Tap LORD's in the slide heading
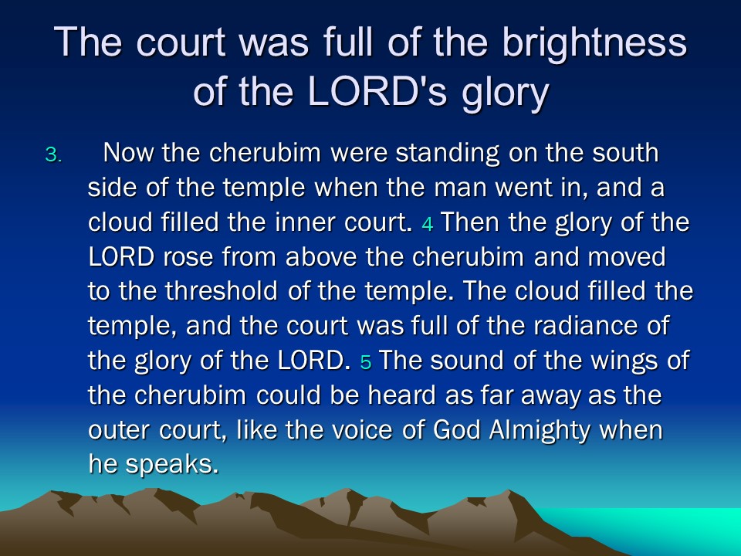pyautogui.click(x=377, y=90)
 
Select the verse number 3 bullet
pyautogui.click(x=53, y=155)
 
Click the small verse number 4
pyautogui.click(x=427, y=224)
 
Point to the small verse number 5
pyautogui.click(x=366, y=361)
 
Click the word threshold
pyautogui.click(x=222, y=291)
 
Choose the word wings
pyautogui.click(x=626, y=361)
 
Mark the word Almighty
pyautogui.click(x=540, y=431)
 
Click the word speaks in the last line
pyautogui.click(x=172, y=465)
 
